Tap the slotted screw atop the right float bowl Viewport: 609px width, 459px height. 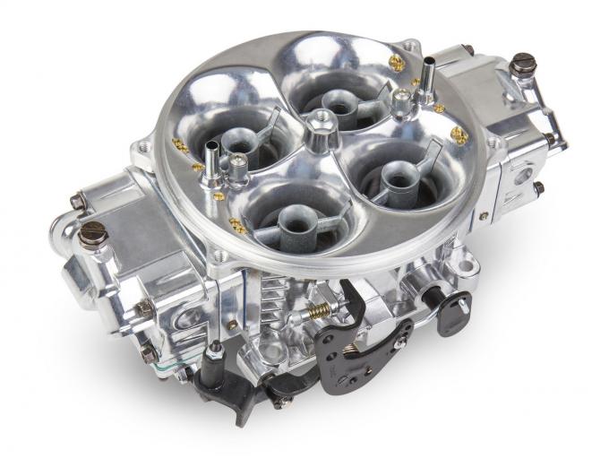(523, 62)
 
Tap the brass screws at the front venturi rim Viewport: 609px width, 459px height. (238, 225)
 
